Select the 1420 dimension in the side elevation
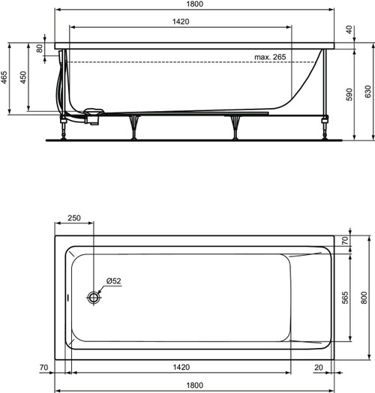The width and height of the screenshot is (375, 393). pyautogui.click(x=178, y=22)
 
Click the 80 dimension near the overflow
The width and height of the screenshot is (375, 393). pyautogui.click(x=40, y=49)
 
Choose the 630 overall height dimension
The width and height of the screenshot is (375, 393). pyautogui.click(x=367, y=91)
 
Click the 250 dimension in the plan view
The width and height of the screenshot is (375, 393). pyautogui.click(x=74, y=217)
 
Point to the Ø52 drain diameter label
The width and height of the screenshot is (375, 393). pyautogui.click(x=113, y=280)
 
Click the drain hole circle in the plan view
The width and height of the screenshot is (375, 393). pyautogui.click(x=94, y=297)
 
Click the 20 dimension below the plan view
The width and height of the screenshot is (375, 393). pyautogui.click(x=320, y=368)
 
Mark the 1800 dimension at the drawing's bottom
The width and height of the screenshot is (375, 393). pyautogui.click(x=195, y=385)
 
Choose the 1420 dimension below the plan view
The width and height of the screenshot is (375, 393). pyautogui.click(x=178, y=368)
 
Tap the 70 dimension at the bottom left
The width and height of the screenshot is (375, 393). pyautogui.click(x=44, y=368)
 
